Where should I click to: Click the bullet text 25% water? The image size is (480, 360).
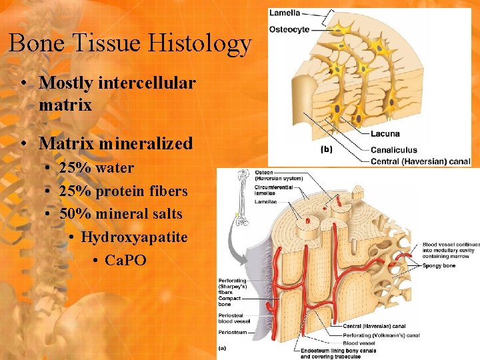pyautogui.click(x=96, y=167)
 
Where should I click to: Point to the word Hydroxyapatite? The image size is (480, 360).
pyautogui.click(x=134, y=237)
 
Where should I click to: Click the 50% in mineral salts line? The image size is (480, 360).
pyautogui.click(x=74, y=214)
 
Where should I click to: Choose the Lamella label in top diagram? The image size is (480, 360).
pyautogui.click(x=285, y=13)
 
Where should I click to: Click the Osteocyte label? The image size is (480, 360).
pyautogui.click(x=289, y=29)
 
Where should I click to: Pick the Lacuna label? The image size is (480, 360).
pyautogui.click(x=385, y=134)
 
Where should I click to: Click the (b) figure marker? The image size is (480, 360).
pyautogui.click(x=326, y=149)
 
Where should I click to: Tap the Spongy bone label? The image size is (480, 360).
pyautogui.click(x=439, y=266)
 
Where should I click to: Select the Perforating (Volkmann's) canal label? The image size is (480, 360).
pyautogui.click(x=381, y=335)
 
